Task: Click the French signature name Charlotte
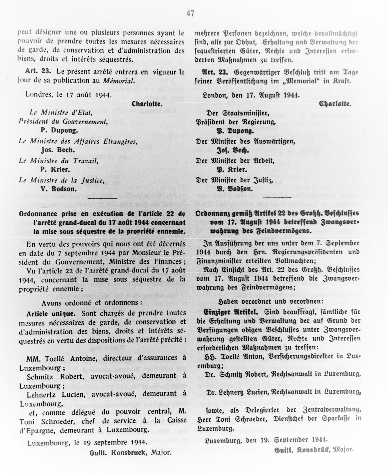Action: pyautogui.click(x=147, y=104)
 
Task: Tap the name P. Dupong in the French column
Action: pyautogui.click(x=59, y=130)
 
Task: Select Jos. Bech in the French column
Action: pyautogui.click(x=58, y=150)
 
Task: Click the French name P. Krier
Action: pyautogui.click(x=55, y=170)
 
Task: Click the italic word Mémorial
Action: pyautogui.click(x=119, y=81)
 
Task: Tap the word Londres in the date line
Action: pyautogui.click(x=39, y=94)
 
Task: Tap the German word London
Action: pyautogui.click(x=214, y=95)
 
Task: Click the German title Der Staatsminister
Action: pyautogui.click(x=238, y=113)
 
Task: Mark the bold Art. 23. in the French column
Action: pyautogui.click(x=38, y=72)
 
